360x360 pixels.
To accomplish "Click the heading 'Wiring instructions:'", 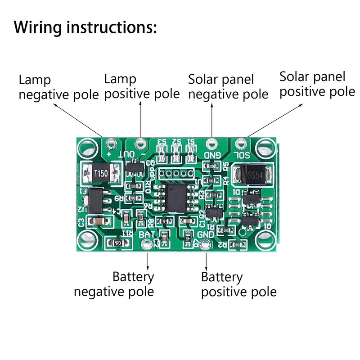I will click(85, 27).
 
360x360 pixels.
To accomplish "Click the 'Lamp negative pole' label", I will click(58, 88).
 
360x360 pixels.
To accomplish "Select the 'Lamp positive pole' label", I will click(142, 87).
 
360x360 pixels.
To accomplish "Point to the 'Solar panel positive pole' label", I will click(317, 84).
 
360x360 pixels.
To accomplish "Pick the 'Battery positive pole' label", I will click(238, 284).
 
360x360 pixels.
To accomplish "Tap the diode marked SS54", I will click(252, 175).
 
